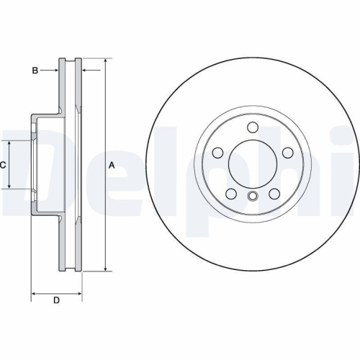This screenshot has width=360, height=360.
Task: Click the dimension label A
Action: [112, 165]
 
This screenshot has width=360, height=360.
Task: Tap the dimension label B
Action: [35, 70]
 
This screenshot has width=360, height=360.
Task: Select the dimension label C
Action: [3, 165]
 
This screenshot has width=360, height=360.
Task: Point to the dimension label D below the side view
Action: [56, 300]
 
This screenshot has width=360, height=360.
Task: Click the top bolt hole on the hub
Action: [252, 127]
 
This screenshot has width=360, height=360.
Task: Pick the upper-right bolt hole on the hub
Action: [287, 153]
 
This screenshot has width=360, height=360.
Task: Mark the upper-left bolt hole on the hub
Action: [217, 153]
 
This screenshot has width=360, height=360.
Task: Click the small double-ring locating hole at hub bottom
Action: [252, 197]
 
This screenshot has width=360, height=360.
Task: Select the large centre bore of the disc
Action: [252, 165]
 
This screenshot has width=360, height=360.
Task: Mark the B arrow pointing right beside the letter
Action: [55, 70]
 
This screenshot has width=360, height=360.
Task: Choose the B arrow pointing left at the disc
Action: [86, 70]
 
